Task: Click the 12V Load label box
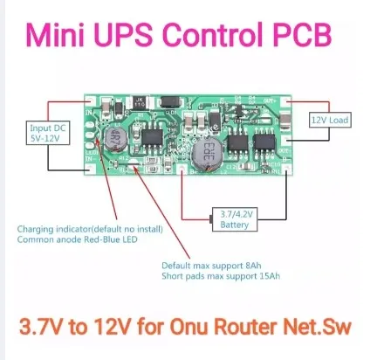point(331,117)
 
